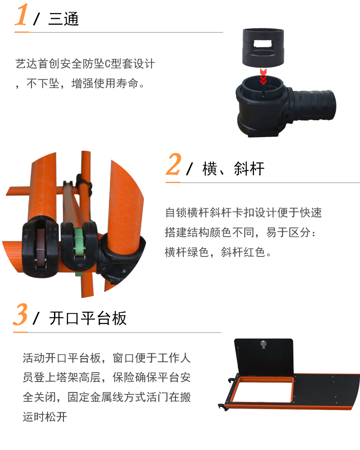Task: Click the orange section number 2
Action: pyautogui.click(x=174, y=164)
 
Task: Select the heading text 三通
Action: pyautogui.click(x=63, y=19)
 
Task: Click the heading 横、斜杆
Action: pyautogui.click(x=234, y=168)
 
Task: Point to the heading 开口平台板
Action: pyautogui.click(x=88, y=318)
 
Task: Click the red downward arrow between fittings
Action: pyautogui.click(x=263, y=76)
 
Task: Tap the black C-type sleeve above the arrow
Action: pyautogui.click(x=263, y=47)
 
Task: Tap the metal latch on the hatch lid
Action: pyautogui.click(x=263, y=344)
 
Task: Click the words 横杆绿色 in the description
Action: pyautogui.click(x=187, y=252)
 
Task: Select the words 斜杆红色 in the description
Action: pyautogui.click(x=243, y=252)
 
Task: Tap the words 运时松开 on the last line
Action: pyautogui.click(x=45, y=417)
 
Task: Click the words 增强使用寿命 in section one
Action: pyautogui.click(x=105, y=84)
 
